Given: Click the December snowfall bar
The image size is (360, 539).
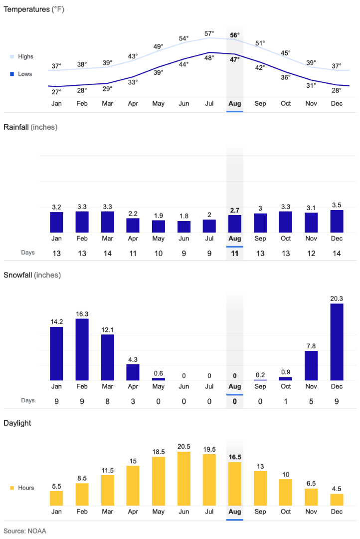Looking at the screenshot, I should point(337,342).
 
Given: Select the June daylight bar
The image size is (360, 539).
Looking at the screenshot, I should point(184,479).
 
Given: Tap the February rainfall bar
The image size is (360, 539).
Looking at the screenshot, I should point(82,222).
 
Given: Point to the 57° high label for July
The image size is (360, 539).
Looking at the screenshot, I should point(209,33).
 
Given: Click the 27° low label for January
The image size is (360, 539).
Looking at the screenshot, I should point(56,92).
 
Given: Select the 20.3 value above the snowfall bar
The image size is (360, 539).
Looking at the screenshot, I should point(337,298).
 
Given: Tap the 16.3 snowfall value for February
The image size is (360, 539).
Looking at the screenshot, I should point(82,313).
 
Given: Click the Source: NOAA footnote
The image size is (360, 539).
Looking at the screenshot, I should point(25,531).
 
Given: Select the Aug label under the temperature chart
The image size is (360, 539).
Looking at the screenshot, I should point(235,103).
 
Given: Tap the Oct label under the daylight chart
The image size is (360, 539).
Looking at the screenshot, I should point(286,512).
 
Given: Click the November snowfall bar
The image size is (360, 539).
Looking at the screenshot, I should point(311,366).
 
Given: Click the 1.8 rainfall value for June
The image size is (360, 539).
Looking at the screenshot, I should point(184,216).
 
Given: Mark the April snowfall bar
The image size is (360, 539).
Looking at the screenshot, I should point(133,372).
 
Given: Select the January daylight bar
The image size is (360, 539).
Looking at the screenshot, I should point(56,498).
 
